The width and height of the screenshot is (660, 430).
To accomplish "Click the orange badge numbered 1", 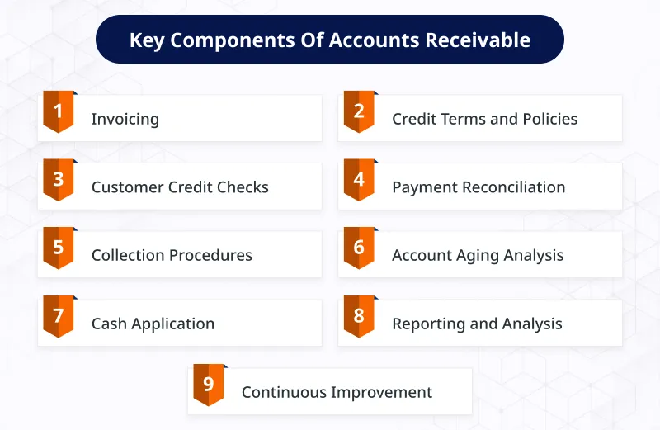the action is [59, 111].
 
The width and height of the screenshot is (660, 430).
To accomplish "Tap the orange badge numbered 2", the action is [359, 111].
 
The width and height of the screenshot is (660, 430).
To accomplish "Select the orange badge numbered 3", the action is [59, 180].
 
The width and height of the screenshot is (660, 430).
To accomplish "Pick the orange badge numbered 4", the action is [359, 180].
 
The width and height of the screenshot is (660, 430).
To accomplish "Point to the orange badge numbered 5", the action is [59, 248].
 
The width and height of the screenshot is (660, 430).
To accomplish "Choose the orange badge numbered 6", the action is [359, 248].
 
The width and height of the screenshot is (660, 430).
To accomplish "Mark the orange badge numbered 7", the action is [59, 316].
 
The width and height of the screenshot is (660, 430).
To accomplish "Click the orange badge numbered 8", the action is [359, 316].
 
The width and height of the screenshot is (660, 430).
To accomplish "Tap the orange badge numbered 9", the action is [209, 385].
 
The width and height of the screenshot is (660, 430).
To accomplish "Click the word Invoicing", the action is [125, 119].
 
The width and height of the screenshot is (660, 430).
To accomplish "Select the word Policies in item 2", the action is [550, 119].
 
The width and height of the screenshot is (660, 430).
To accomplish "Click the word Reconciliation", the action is [514, 187].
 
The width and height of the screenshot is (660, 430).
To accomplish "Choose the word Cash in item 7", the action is [110, 324].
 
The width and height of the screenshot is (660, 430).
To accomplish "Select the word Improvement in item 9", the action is [382, 393].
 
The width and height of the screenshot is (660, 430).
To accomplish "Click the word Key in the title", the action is [147, 40].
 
